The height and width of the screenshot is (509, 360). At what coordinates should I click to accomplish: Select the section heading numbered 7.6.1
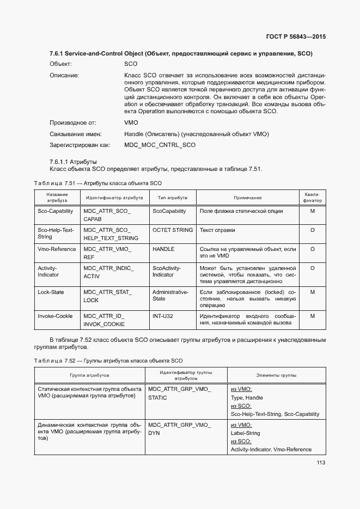pyautogui.click(x=181, y=53)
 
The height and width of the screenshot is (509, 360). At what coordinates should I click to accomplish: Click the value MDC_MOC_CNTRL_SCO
pyautogui.click(x=160, y=145)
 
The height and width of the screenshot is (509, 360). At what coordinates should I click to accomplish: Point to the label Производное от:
pyautogui.click(x=73, y=123)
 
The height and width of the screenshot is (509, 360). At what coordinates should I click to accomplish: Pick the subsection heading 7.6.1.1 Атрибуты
pyautogui.click(x=73, y=162)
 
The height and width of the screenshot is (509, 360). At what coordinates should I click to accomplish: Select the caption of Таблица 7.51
pyautogui.click(x=98, y=183)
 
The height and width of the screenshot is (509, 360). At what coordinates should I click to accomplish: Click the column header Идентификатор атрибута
pyautogui.click(x=114, y=198)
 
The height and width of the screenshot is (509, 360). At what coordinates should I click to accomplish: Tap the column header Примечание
pyautogui.click(x=248, y=198)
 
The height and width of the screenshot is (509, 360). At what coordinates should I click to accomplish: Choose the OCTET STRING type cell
pyautogui.click(x=173, y=230)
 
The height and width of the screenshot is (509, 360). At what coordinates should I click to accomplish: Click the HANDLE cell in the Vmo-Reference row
pyautogui.click(x=163, y=249)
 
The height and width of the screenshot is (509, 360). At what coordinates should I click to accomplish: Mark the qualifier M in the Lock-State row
pyautogui.click(x=312, y=292)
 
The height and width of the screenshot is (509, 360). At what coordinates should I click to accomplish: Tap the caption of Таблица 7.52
pyautogui.click(x=108, y=360)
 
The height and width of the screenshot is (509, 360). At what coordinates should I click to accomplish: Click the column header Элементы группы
pyautogui.click(x=276, y=376)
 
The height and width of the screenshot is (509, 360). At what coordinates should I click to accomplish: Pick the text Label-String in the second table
pyautogui.click(x=246, y=433)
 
